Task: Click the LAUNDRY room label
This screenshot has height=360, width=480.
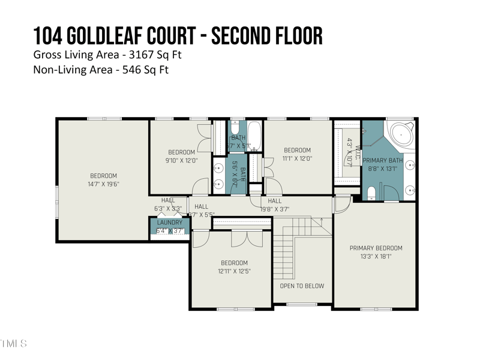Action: point(169,223)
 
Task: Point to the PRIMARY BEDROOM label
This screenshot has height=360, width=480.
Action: point(376,248)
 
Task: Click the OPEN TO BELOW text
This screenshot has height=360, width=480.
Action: point(302,286)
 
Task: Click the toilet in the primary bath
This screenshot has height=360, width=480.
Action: point(371,193)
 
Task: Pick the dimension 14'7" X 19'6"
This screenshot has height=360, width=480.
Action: point(104,184)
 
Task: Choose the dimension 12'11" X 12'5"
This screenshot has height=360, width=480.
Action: point(234,271)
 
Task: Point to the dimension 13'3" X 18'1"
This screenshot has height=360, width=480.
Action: point(376,256)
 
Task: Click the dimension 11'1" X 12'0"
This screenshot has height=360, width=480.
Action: point(297,158)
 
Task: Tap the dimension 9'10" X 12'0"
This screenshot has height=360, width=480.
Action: point(181,160)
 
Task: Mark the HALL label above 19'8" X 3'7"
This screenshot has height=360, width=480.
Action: point(275,201)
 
